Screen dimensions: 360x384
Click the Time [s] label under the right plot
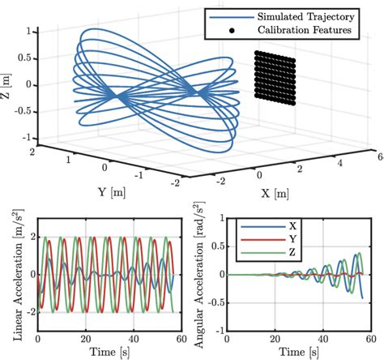coord(296,350)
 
